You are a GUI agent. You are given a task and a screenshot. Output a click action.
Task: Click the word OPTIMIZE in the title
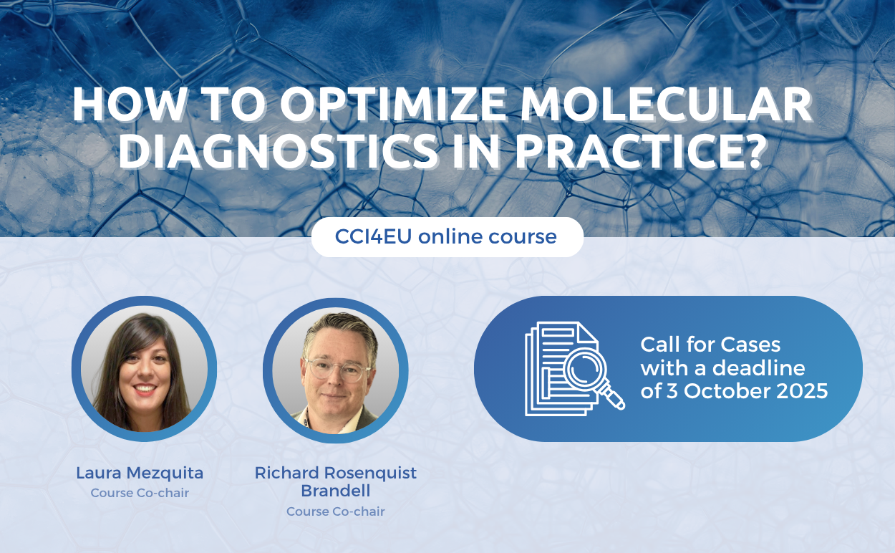[393, 104]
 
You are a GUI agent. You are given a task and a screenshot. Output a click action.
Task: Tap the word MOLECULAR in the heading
[667, 104]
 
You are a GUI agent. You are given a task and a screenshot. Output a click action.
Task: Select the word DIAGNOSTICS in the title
[279, 151]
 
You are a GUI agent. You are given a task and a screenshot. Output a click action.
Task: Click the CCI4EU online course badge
[447, 236]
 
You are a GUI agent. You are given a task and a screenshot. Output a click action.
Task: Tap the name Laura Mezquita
[140, 473]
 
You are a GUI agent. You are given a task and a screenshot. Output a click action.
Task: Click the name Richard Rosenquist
[336, 473]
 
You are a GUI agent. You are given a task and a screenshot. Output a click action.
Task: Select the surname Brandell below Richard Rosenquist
[336, 491]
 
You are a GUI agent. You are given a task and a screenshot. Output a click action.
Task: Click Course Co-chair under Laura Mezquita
[140, 493]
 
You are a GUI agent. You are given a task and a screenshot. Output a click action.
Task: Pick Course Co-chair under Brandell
[336, 511]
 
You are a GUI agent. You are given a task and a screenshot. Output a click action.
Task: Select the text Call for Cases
[710, 345]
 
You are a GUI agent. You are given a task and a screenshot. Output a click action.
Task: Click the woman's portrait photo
[144, 369]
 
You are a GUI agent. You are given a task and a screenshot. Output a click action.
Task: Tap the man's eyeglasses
[338, 370]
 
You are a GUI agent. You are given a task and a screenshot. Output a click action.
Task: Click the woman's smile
[145, 389]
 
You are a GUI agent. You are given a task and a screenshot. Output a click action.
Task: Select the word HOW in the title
[128, 104]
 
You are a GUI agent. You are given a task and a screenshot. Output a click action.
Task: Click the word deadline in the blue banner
[759, 368]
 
